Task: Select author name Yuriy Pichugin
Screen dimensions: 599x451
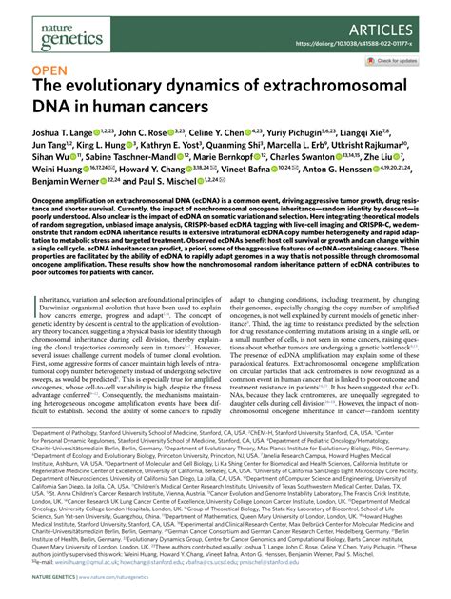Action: point(310,135)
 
